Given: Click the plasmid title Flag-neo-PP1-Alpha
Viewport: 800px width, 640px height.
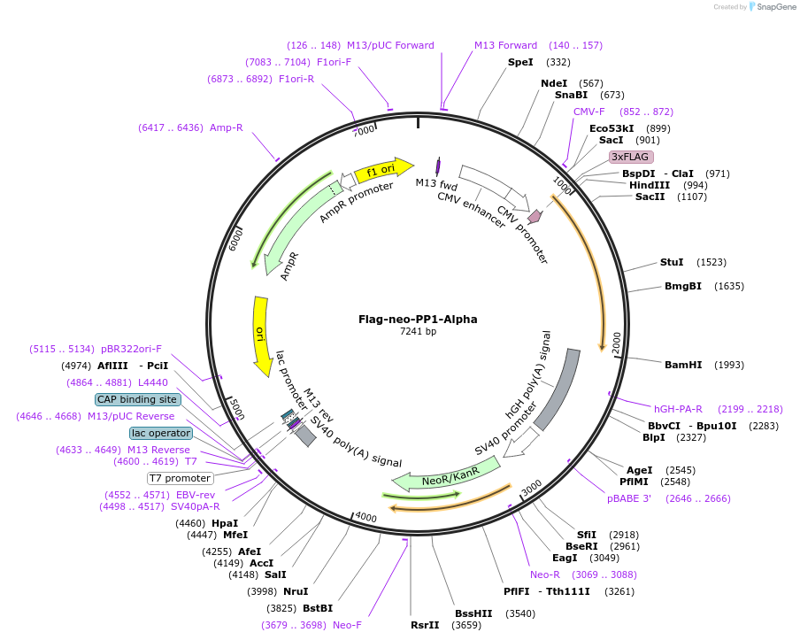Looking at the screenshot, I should [418, 319].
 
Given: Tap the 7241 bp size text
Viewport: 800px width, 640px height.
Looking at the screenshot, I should [418, 332].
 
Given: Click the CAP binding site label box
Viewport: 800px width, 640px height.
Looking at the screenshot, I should [137, 399].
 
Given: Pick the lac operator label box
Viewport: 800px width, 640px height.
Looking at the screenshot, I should [160, 433].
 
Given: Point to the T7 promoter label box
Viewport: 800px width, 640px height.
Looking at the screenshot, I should [180, 478].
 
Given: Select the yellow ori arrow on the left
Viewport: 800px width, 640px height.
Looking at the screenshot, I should [261, 335].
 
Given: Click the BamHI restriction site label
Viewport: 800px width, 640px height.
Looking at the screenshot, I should [682, 365].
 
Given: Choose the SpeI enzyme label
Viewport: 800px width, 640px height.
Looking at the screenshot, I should [520, 62].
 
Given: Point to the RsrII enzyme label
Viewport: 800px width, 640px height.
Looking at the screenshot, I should [425, 625].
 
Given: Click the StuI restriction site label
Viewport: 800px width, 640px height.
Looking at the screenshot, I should [672, 262].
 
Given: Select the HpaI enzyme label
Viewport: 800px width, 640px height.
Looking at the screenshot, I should [225, 523].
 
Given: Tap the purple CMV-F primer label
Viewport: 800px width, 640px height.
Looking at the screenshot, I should [589, 112].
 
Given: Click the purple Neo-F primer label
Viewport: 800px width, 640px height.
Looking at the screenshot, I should [347, 625].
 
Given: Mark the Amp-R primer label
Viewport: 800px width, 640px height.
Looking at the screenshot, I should [227, 127].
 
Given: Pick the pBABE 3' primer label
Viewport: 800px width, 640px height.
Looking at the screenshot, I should [629, 498].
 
